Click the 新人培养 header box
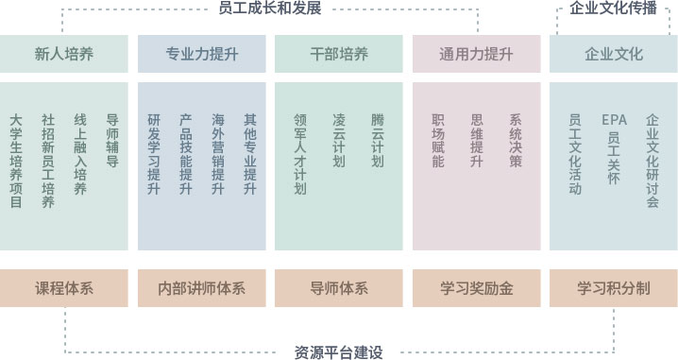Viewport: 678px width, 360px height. tap(64, 54)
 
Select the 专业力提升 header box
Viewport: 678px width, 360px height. tap(201, 54)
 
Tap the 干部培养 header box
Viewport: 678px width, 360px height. tap(338, 54)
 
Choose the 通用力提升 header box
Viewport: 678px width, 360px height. tap(476, 54)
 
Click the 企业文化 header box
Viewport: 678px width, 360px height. tap(614, 54)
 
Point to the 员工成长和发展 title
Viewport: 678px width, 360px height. tap(270, 9)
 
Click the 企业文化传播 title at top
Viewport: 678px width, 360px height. tap(614, 9)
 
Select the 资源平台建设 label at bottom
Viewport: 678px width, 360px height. tap(339, 352)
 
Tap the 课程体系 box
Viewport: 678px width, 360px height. tap(64, 288)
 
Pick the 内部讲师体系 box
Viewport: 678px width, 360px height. tap(201, 288)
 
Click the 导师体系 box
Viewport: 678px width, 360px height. tap(338, 288)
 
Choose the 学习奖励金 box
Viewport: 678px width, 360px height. tap(476, 288)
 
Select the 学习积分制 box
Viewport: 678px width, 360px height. tap(614, 288)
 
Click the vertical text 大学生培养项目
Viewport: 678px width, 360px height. tap(16, 162)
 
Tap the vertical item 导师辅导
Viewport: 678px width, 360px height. tap(112, 141)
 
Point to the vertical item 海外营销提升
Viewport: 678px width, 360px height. tap(218, 155)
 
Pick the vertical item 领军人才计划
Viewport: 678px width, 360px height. tap(300, 155)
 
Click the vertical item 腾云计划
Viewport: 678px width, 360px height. tap(378, 141)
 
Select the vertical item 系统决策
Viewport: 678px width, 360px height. tap(516, 141)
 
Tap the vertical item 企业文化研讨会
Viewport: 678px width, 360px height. tap(653, 162)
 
